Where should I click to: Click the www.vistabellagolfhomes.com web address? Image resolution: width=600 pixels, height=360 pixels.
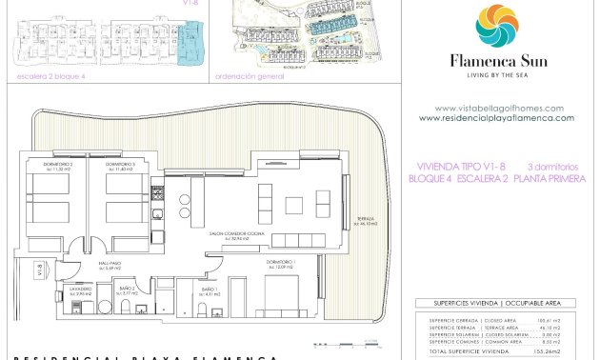click(499, 109)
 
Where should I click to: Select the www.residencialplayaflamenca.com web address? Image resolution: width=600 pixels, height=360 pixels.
click(496, 118)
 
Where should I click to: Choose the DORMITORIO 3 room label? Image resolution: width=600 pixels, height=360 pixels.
click(120, 165)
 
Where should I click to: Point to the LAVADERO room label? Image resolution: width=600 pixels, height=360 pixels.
click(80, 290)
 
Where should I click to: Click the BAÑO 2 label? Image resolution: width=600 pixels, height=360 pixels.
click(128, 290)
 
